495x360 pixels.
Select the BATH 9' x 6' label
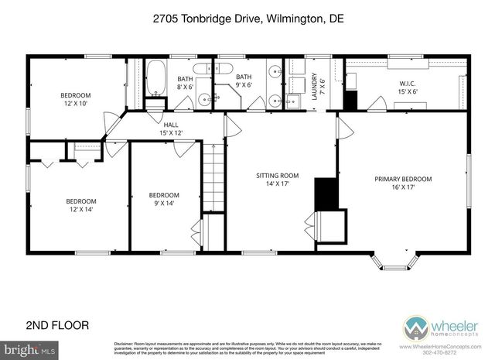click(x=244, y=81)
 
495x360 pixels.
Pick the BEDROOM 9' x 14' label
click(x=164, y=200)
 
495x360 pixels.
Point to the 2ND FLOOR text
click(x=58, y=324)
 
